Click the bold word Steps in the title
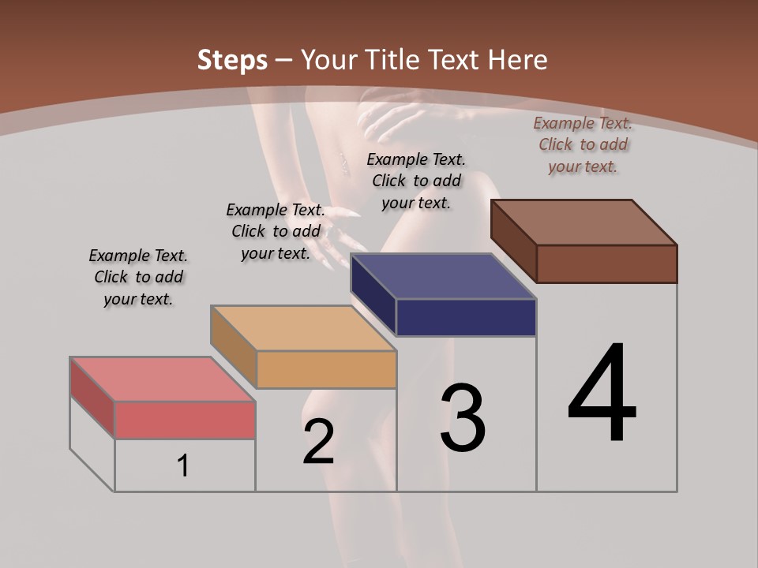pyautogui.click(x=231, y=60)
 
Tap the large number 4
pyautogui.click(x=602, y=394)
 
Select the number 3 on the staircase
pyautogui.click(x=462, y=418)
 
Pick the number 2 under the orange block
pyautogui.click(x=318, y=442)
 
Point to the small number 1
pyautogui.click(x=182, y=465)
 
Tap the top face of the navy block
pyautogui.click(x=443, y=276)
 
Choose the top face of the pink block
pyautogui.click(x=163, y=379)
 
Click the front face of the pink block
pyautogui.click(x=185, y=420)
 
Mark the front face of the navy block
pyautogui.click(x=466, y=317)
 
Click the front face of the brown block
pyautogui.click(x=606, y=263)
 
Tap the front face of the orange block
pyautogui.click(x=326, y=369)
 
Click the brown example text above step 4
pyautogui.click(x=583, y=144)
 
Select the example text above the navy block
pyautogui.click(x=416, y=181)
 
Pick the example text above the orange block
pyautogui.click(x=276, y=231)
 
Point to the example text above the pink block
pyautogui.click(x=138, y=277)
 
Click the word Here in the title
pyautogui.click(x=518, y=60)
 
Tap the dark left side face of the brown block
pyautogui.click(x=513, y=237)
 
